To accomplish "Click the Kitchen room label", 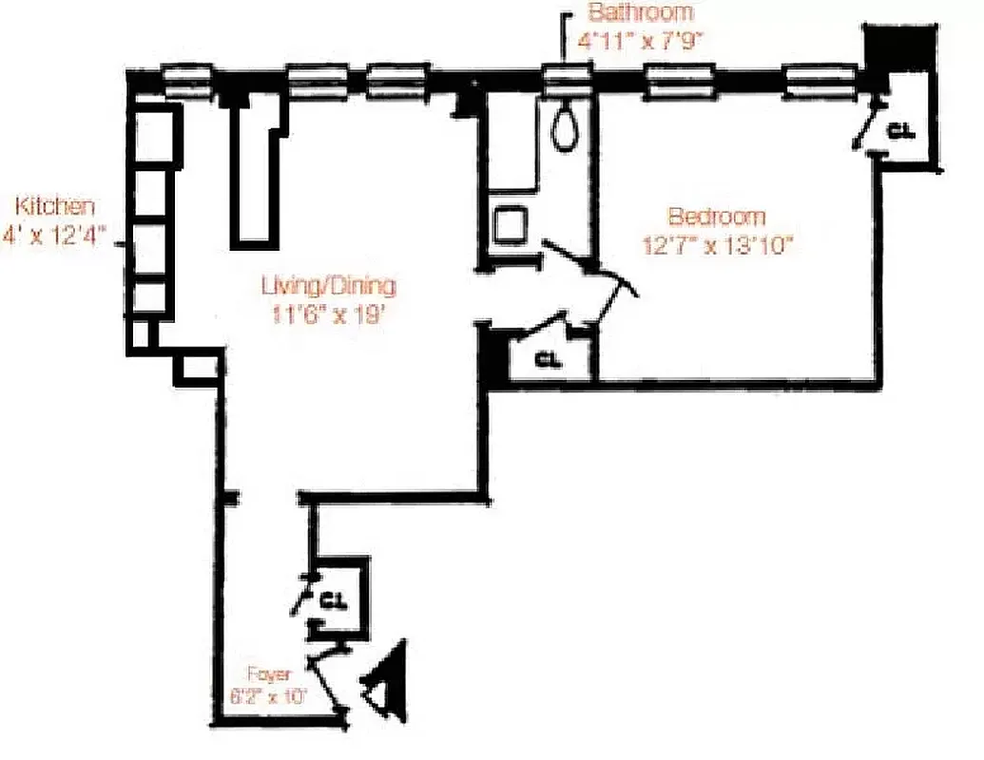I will tap(54, 206).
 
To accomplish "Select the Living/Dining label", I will tap(328, 284).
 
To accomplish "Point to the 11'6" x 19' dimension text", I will tap(329, 313).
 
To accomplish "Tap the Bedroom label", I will tap(716, 216).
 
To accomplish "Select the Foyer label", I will tap(269, 674).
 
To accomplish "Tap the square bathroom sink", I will tap(511, 225).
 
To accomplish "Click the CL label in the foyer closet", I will tap(331, 600).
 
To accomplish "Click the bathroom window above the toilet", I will tap(569, 79).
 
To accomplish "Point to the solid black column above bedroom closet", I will tap(897, 47).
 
